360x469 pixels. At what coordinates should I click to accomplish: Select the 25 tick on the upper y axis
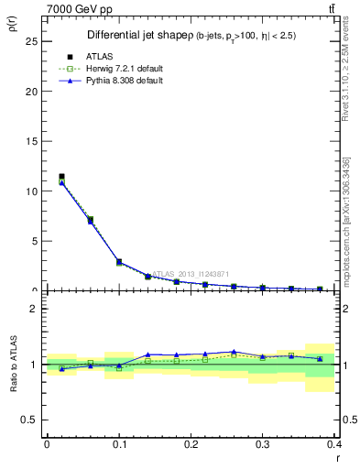[30, 42]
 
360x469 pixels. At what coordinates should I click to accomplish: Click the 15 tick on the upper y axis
[30, 142]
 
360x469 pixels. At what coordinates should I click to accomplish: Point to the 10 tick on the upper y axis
[30, 191]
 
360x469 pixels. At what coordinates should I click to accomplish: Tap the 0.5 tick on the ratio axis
[30, 420]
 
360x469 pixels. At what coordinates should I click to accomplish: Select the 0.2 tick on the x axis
[190, 443]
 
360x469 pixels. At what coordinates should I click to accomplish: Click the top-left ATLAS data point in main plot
[61, 176]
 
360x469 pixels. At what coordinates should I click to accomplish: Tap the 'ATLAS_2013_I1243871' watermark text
[189, 273]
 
